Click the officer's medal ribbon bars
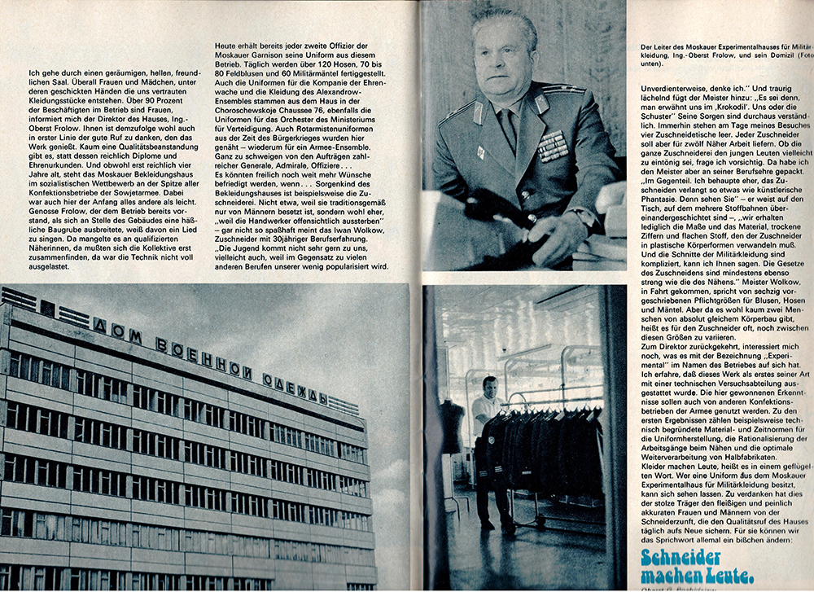point(553,147)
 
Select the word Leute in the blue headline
point(723,576)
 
